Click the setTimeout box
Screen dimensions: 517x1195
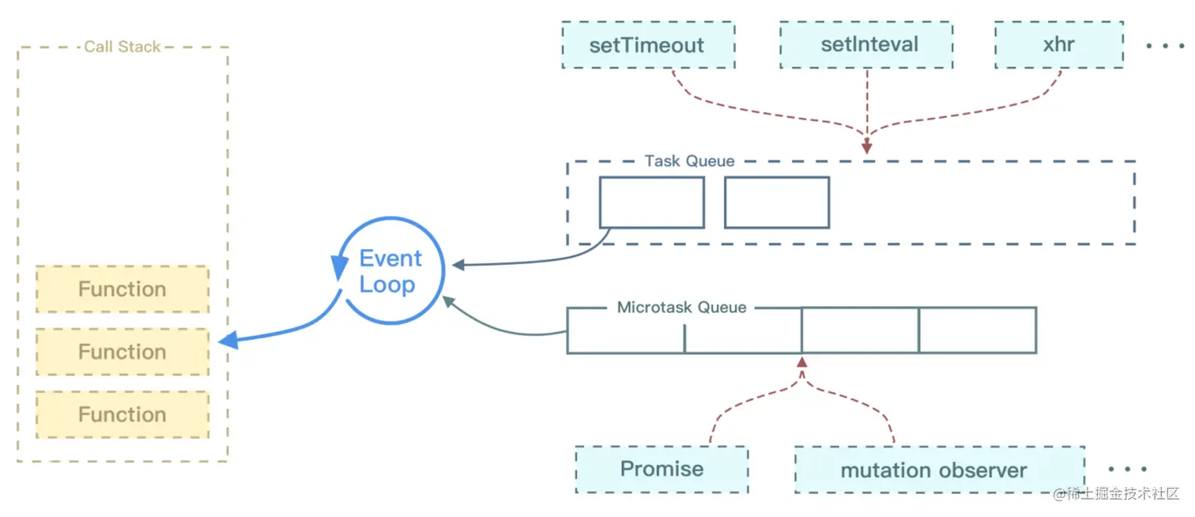pyautogui.click(x=647, y=45)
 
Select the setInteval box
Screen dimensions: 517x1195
pyautogui.click(x=869, y=45)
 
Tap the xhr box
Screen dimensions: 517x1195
pyautogui.click(x=1058, y=45)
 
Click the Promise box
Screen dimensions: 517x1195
pyautogui.click(x=662, y=470)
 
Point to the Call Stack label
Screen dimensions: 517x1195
pyautogui.click(x=123, y=47)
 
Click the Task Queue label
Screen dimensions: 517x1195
pyautogui.click(x=689, y=161)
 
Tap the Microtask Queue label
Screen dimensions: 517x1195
pyautogui.click(x=681, y=308)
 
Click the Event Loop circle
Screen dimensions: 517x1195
pyautogui.click(x=390, y=271)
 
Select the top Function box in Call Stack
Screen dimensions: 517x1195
pyautogui.click(x=123, y=289)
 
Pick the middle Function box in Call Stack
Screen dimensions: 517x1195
pyautogui.click(x=123, y=352)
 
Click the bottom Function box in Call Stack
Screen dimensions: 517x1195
pyautogui.click(x=123, y=414)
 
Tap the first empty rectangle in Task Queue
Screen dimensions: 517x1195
pyautogui.click(x=651, y=202)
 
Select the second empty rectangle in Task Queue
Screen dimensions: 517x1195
pyautogui.click(x=777, y=202)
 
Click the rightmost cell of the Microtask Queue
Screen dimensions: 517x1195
pyautogui.click(x=978, y=330)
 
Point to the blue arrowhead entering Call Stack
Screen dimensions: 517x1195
pyautogui.click(x=228, y=341)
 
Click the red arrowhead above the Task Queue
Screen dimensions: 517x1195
pyautogui.click(x=867, y=147)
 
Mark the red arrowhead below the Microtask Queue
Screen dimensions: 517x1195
pyautogui.click(x=802, y=363)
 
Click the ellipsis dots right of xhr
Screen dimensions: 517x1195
pyautogui.click(x=1165, y=46)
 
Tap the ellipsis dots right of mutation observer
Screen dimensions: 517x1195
pyautogui.click(x=1127, y=470)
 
